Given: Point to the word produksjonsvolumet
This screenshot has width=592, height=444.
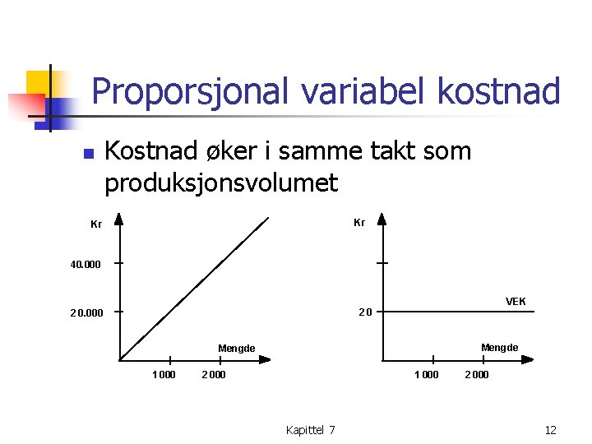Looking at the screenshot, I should tap(220, 183).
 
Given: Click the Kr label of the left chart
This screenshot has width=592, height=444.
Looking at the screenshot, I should tap(96, 224).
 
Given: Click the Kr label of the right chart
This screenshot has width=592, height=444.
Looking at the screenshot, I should tap(359, 222).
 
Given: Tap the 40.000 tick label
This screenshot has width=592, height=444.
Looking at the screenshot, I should tap(86, 264).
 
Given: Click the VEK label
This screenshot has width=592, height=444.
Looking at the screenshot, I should tap(516, 302).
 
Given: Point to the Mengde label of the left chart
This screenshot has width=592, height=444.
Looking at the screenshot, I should tap(236, 349).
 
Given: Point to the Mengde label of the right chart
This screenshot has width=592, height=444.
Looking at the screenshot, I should tap(499, 348).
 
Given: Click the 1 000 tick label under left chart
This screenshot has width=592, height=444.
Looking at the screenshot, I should tap(164, 375).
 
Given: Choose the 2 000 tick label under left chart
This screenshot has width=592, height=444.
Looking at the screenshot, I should tap(214, 375).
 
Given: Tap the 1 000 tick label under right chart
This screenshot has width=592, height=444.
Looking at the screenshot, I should tap(426, 375).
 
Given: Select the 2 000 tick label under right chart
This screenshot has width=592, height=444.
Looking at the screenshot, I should tap(477, 375).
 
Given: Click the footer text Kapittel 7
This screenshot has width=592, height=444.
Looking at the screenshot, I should tap(310, 430).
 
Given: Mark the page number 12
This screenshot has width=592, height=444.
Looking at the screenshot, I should tap(551, 430).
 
